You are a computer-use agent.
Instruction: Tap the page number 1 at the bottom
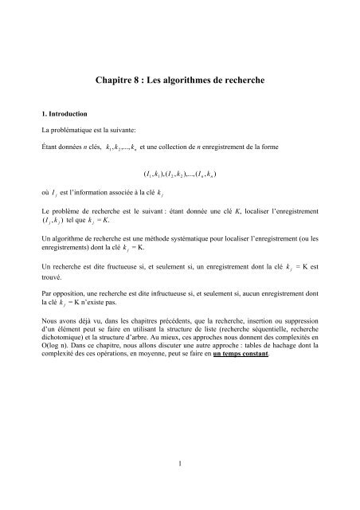(180, 461)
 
